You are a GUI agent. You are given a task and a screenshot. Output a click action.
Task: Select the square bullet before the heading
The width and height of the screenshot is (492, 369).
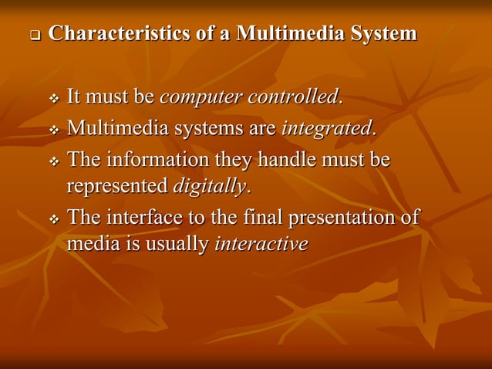coord(34,36)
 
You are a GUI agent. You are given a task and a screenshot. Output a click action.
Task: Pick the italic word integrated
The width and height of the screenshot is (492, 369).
coord(327,128)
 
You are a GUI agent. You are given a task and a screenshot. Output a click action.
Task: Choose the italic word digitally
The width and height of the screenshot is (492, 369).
coord(209,186)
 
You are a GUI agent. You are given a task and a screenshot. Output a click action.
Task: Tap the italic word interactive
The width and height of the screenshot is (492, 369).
coord(261,244)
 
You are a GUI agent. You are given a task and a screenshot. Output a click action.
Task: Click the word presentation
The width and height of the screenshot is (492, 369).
coord(343,218)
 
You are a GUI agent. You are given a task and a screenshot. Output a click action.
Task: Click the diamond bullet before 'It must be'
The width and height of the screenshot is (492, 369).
coord(54,100)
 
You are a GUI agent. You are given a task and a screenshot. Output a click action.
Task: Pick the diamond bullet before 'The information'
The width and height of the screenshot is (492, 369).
coord(54,161)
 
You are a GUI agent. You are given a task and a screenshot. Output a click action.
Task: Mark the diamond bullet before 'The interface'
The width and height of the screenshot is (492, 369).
coord(54,219)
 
